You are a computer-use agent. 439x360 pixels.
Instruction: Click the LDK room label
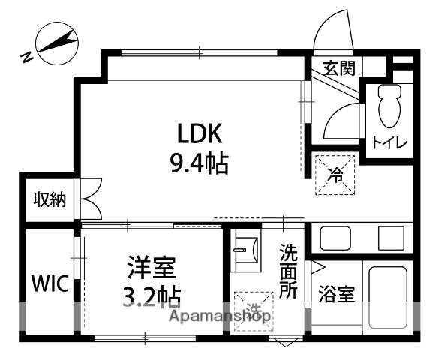coord(200,134)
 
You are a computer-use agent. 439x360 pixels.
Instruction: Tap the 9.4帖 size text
coord(199,162)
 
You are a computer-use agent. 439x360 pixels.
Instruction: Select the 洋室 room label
coord(152,266)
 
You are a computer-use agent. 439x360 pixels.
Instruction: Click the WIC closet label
coord(50,284)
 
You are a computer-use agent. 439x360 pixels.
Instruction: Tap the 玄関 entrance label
coord(338,68)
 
